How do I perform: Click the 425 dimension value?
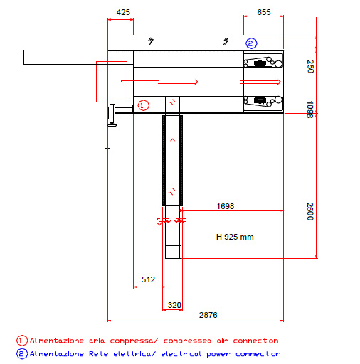(123, 12)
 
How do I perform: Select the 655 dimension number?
(264, 12)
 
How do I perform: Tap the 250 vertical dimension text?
(310, 66)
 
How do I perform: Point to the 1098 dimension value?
(310, 109)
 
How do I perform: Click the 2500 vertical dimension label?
(310, 211)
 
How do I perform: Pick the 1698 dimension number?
(225, 206)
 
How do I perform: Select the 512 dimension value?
(148, 279)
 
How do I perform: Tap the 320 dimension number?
(174, 305)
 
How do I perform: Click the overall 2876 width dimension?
(208, 315)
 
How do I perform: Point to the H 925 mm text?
(235, 237)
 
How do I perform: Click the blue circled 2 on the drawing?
(251, 43)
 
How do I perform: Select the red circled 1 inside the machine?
(144, 105)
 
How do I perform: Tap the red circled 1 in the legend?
(22, 341)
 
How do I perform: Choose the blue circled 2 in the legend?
(22, 354)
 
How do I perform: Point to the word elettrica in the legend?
(134, 354)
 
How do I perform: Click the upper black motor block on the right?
(260, 63)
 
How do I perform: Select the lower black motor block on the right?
(260, 100)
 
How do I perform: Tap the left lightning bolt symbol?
(151, 41)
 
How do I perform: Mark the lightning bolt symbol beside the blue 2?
(226, 41)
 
